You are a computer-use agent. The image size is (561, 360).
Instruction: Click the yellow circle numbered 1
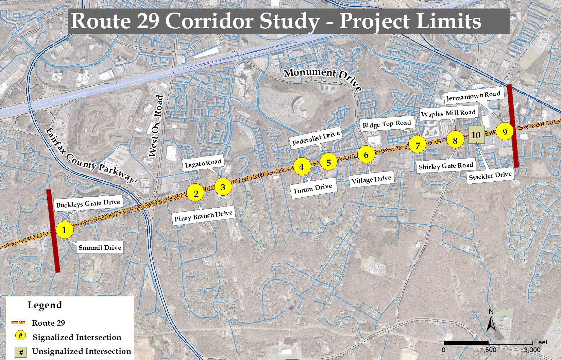tap(64, 230)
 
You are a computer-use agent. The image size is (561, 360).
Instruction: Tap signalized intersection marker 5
tap(328, 162)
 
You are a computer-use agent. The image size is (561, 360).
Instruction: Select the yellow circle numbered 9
tap(505, 132)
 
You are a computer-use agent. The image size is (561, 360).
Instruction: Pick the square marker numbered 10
tap(476, 135)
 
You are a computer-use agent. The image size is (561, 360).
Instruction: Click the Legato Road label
tap(203, 164)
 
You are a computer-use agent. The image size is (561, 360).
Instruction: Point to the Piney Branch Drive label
tap(203, 216)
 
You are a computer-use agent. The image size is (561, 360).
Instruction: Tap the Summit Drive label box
tap(100, 247)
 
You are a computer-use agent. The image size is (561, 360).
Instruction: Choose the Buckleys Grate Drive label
tap(88, 203)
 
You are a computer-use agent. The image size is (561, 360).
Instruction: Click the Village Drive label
tap(371, 179)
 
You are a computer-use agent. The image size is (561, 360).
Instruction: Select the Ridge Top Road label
tap(387, 124)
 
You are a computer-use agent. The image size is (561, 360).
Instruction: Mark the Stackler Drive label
tap(490, 176)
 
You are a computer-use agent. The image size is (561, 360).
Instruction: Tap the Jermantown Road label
tap(473, 96)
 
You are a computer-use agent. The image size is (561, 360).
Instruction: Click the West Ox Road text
tap(156, 126)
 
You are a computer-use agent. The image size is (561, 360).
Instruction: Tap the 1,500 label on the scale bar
tap(488, 350)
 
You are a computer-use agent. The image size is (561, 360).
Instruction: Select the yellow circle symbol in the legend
tap(20, 336)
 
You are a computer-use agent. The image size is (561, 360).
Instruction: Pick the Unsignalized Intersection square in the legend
tap(21, 352)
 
